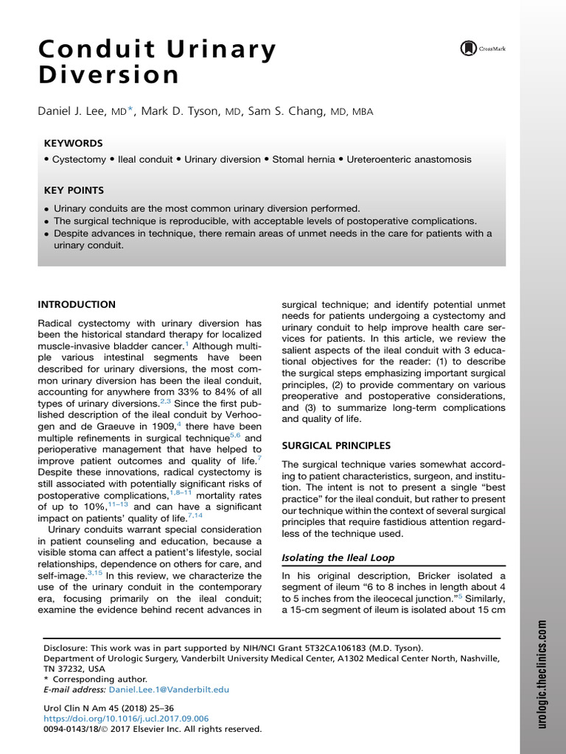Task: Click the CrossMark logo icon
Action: pyautogui.click(x=469, y=49)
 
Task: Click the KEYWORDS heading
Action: pyautogui.click(x=73, y=143)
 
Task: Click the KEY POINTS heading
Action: pyautogui.click(x=74, y=190)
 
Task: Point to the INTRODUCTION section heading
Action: pyautogui.click(x=77, y=304)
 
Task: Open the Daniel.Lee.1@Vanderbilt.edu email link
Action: pyautogui.click(x=169, y=689)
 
